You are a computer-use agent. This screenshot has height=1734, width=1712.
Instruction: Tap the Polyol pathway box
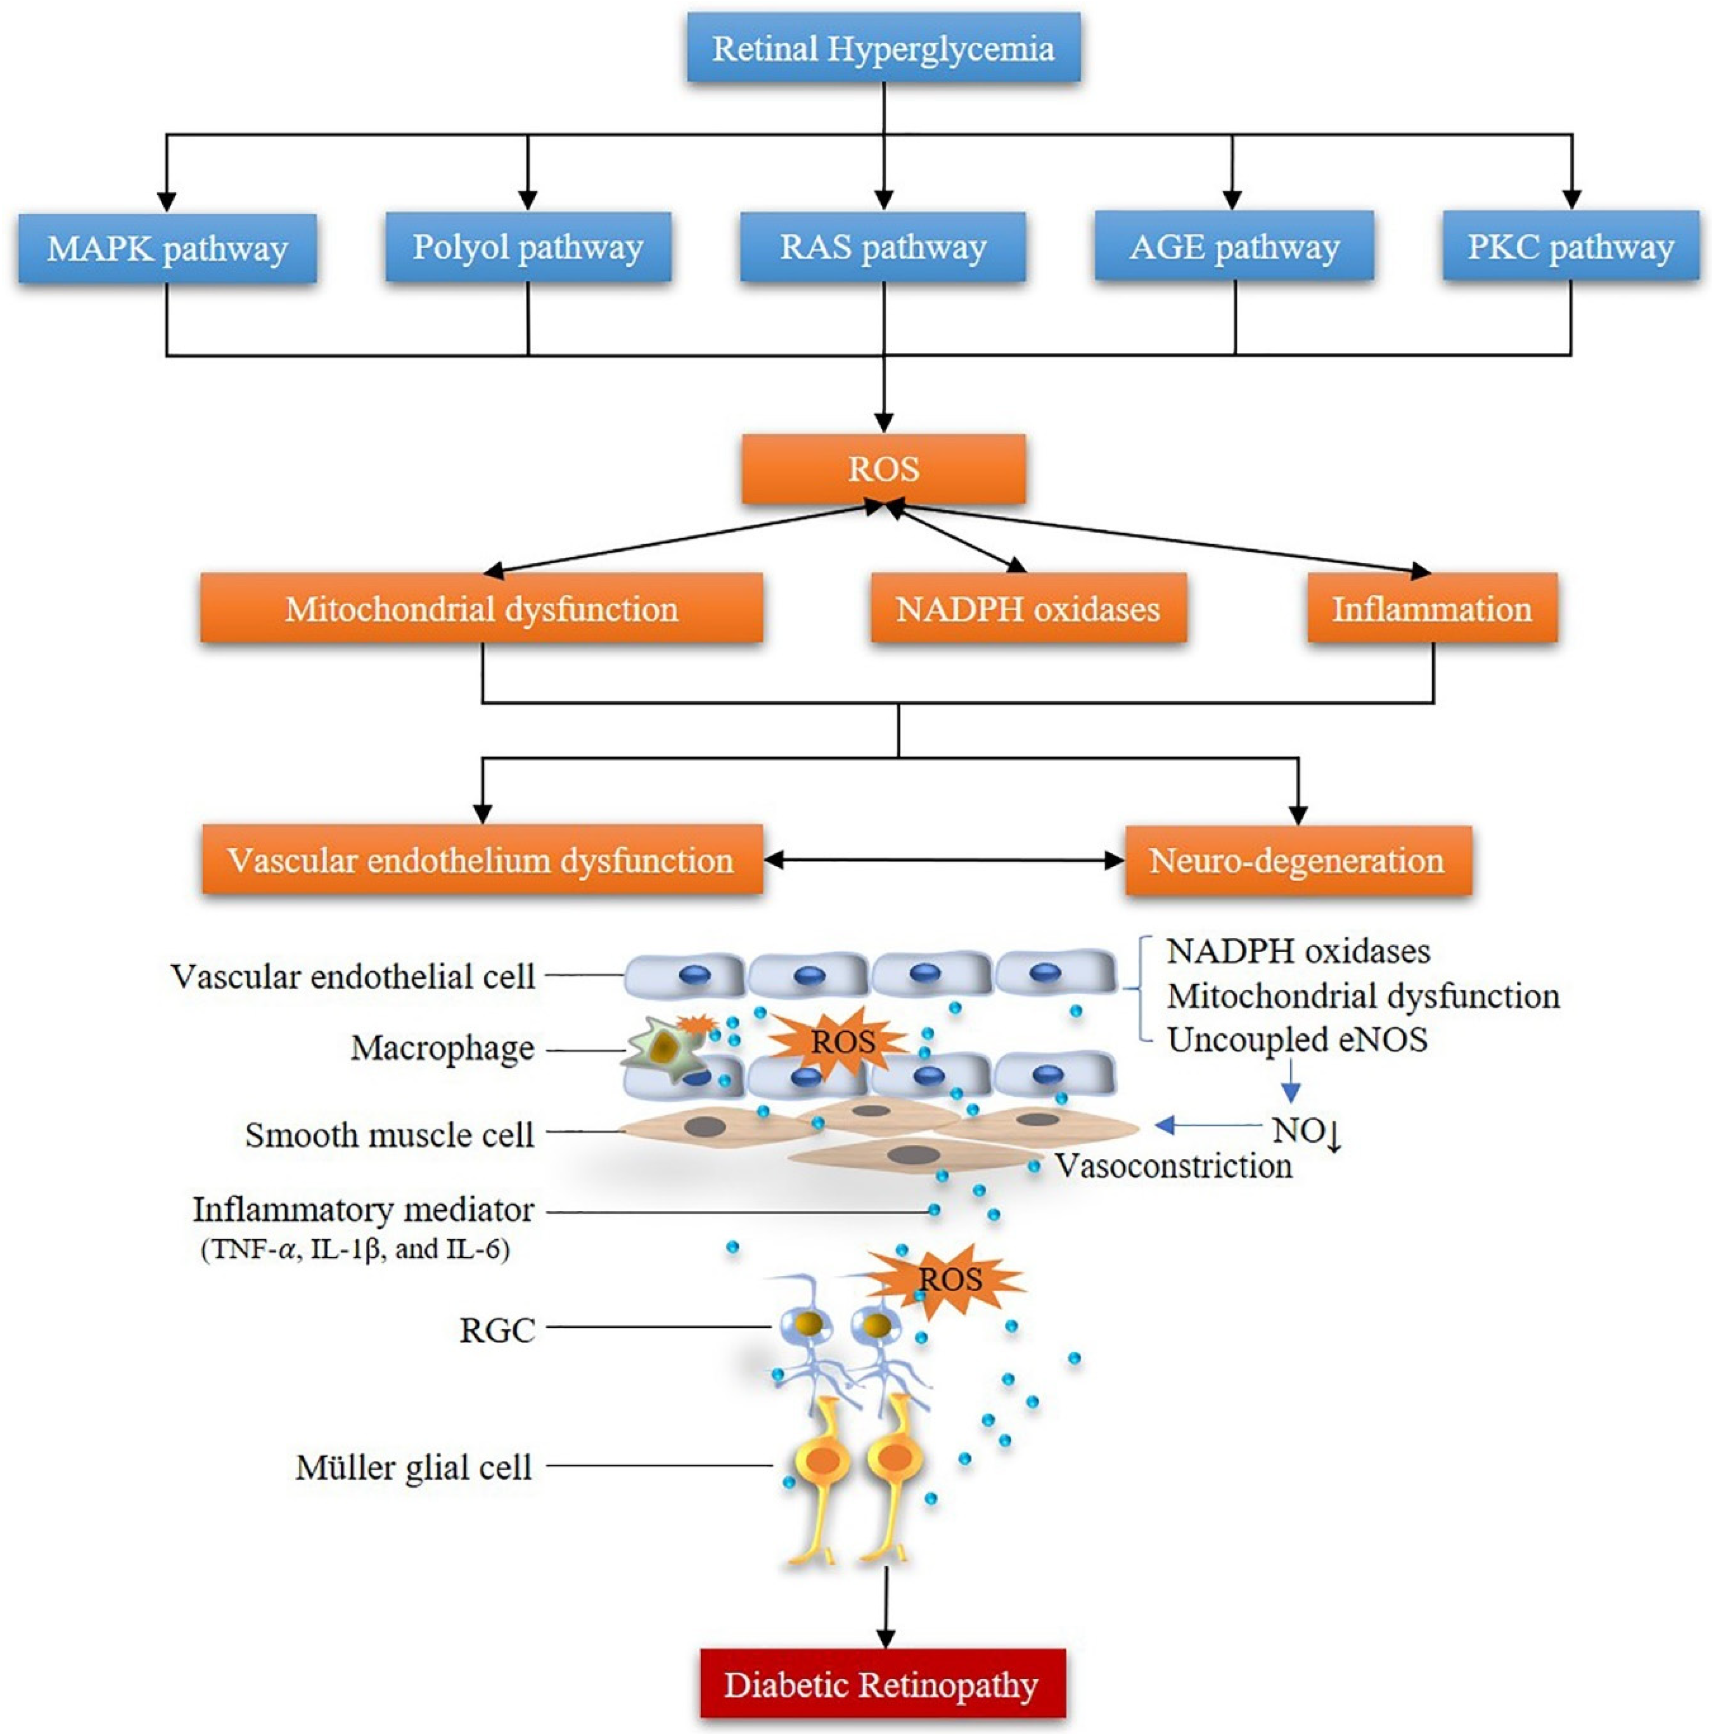pyautogui.click(x=528, y=247)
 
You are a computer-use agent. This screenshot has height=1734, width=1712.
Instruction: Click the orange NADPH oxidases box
pyautogui.click(x=1028, y=608)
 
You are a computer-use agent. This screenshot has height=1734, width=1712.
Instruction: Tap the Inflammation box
pyautogui.click(x=1432, y=608)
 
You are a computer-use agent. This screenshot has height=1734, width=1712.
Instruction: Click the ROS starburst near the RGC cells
pyautogui.click(x=947, y=1279)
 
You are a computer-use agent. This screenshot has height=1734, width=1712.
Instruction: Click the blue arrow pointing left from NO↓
pyautogui.click(x=1208, y=1125)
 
